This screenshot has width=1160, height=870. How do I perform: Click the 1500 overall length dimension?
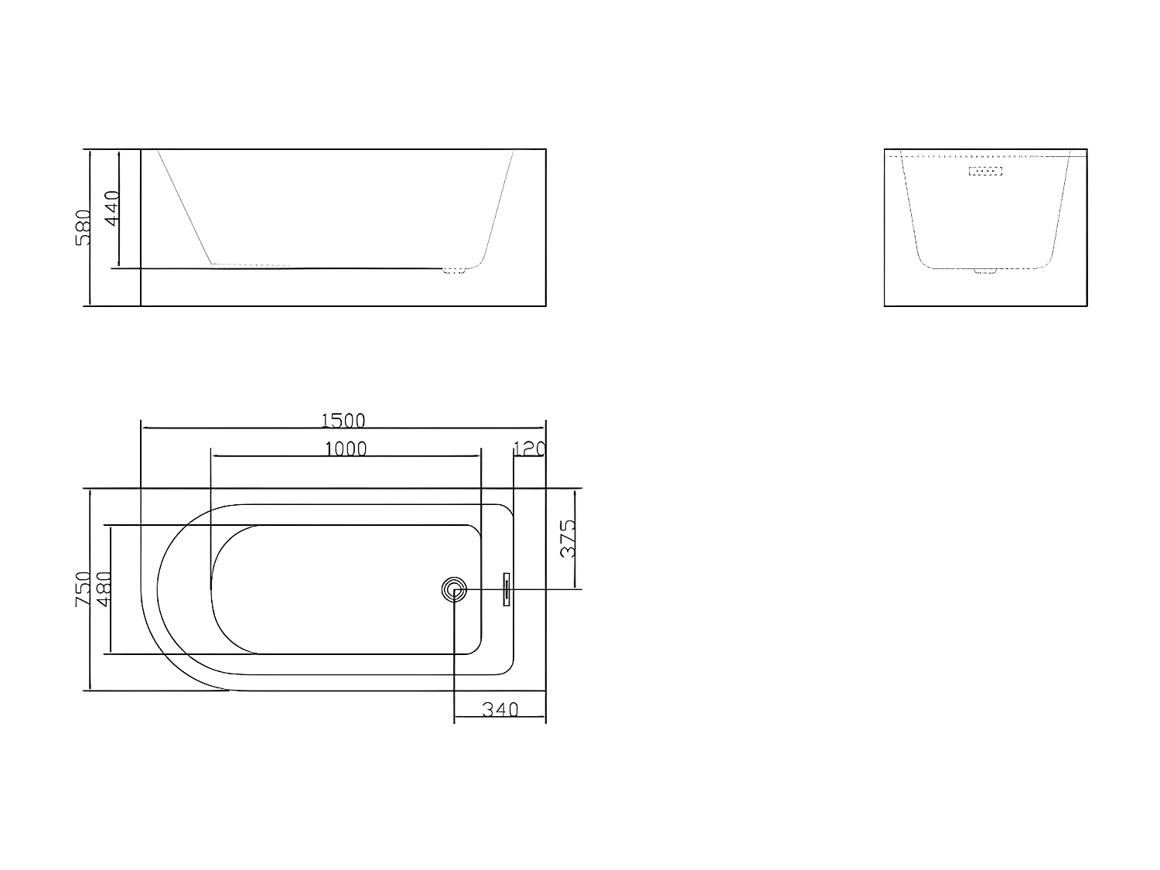click(343, 420)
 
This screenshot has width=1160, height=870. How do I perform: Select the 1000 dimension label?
click(345, 449)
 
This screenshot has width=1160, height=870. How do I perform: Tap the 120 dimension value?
click(530, 449)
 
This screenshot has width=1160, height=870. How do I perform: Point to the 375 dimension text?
click(568, 538)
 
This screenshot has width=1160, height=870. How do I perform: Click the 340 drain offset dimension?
click(500, 709)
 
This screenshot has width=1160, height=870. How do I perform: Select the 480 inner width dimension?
click(103, 589)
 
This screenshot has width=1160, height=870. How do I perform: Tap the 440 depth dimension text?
click(112, 208)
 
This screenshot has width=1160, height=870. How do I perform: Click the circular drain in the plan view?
click(454, 590)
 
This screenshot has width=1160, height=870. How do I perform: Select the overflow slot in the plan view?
click(507, 589)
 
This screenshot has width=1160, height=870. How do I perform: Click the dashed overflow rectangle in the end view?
click(985, 171)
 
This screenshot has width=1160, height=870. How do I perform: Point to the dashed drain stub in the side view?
click(455, 270)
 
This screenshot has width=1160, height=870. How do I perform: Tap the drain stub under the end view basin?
click(986, 271)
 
